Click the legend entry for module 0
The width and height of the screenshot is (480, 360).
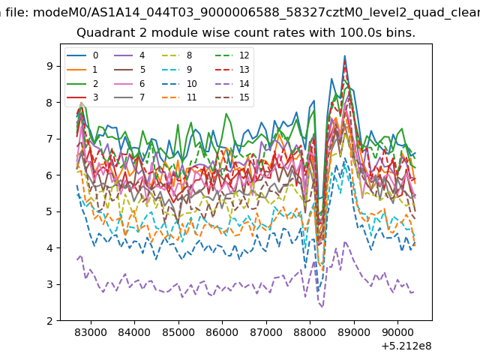(x=82, y=55)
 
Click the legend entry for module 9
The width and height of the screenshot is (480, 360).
(x=177, y=70)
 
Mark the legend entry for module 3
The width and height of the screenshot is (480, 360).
(x=82, y=97)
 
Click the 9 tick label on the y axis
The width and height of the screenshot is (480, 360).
(x=49, y=66)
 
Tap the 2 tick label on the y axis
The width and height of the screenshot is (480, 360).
(x=49, y=321)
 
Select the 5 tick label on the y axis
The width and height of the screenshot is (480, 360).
(x=49, y=211)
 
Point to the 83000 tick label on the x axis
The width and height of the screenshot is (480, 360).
(x=91, y=332)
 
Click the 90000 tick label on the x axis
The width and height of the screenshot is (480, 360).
(x=397, y=332)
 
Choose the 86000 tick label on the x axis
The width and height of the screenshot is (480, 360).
(x=222, y=332)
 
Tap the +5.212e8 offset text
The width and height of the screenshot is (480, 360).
(x=406, y=346)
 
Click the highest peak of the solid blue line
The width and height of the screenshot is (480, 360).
(x=345, y=55)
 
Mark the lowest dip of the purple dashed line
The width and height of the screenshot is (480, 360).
(x=322, y=307)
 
